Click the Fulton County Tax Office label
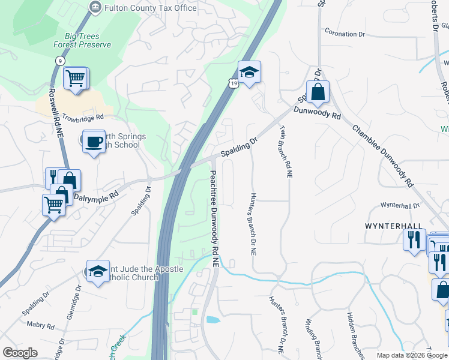(150, 8)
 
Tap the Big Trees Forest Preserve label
(82, 40)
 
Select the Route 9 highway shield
(59, 61)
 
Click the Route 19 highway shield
(232, 83)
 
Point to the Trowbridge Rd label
(82, 116)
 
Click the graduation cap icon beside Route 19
(249, 73)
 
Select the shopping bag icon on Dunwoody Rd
(318, 92)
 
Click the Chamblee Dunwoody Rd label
(383, 155)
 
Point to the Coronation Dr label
(345, 34)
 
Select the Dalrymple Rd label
(95, 196)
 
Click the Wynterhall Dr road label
(400, 205)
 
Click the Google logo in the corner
(20, 353)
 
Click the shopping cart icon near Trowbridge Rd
(75, 78)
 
